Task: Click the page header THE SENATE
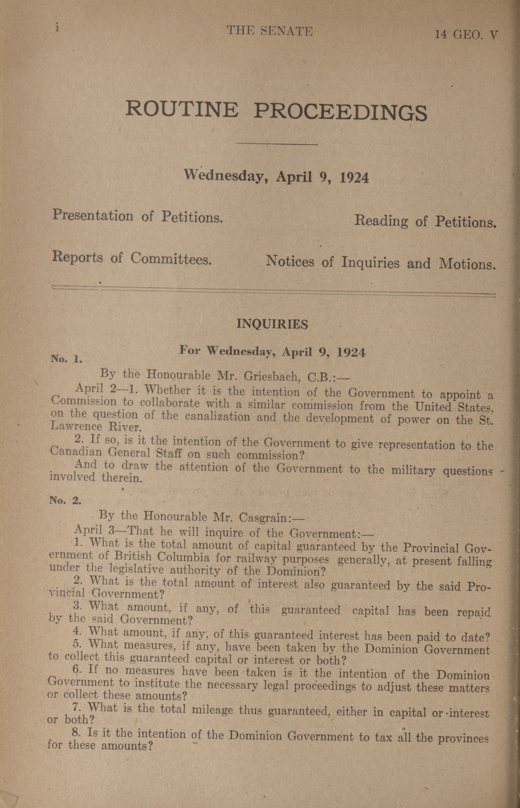pos(270,31)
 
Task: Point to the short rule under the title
pos(277,144)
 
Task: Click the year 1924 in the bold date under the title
pos(354,177)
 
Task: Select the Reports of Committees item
pos(132,259)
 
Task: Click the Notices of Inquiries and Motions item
pos(381,263)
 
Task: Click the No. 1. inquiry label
pos(66,359)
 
